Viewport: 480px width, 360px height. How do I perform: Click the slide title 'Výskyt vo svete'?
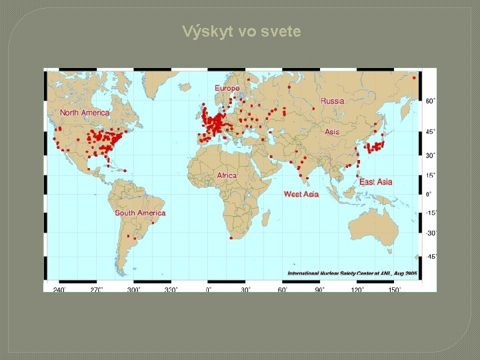click(242, 31)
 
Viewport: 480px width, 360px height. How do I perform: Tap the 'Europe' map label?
click(227, 88)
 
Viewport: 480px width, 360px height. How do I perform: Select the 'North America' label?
click(85, 113)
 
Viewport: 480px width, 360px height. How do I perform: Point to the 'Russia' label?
click(332, 101)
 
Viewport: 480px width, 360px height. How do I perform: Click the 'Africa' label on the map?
click(227, 175)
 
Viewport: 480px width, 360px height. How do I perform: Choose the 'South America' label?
click(140, 213)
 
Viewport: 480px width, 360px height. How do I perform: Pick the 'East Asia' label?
click(375, 182)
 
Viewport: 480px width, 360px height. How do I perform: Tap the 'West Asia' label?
click(301, 194)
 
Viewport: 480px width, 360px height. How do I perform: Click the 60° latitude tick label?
click(431, 101)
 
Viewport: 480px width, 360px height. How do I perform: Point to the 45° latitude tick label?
click(431, 132)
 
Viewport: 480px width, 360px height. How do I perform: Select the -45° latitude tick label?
click(431, 257)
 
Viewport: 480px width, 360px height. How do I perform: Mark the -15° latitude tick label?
click(431, 213)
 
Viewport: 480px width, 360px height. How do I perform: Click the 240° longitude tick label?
click(59, 290)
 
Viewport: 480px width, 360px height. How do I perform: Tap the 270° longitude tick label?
click(97, 290)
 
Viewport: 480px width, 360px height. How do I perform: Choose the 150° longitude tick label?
click(395, 290)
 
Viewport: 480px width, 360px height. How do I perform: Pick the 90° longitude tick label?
click(320, 290)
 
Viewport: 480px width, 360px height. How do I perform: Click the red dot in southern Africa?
click(230, 237)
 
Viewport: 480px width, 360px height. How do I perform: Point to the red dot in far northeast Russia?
click(414, 78)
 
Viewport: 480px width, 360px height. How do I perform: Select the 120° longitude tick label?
click(357, 290)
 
